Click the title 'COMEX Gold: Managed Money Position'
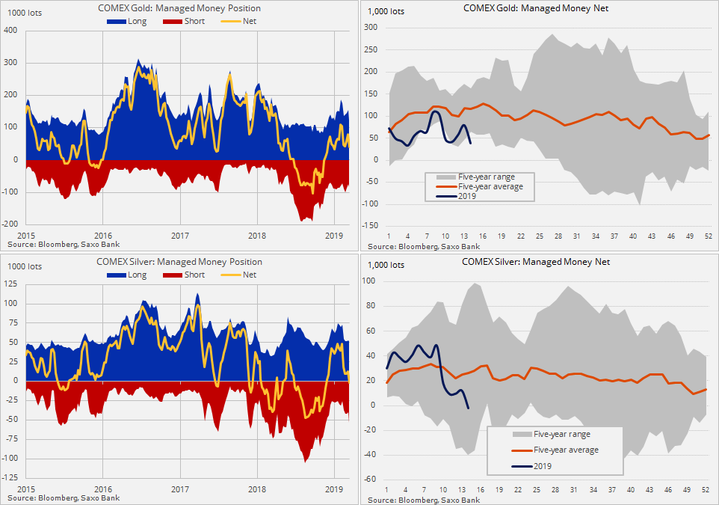tap(179, 8)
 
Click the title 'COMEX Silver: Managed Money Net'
tap(536, 262)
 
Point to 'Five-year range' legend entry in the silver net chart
tap(561, 434)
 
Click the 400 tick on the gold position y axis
tap(11, 31)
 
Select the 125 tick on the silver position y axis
tap(12, 284)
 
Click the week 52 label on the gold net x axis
tap(708, 236)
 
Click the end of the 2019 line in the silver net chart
tap(468, 408)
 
